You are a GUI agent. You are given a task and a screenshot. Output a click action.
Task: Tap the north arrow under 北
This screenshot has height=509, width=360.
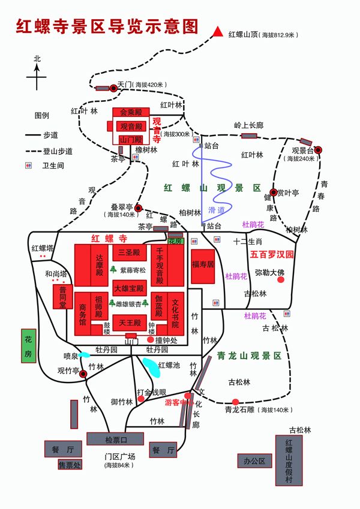(x=37, y=74)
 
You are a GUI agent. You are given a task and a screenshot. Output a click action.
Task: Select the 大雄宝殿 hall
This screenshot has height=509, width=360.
(x=129, y=288)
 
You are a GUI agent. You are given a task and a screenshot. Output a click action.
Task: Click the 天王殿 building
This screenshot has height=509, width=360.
(x=129, y=323)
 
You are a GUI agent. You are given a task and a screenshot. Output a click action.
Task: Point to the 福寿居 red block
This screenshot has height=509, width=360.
(x=203, y=266)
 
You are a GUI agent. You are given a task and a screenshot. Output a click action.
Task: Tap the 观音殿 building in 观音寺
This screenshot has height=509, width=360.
(x=131, y=126)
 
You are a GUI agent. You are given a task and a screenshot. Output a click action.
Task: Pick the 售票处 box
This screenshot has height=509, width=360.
(x=69, y=463)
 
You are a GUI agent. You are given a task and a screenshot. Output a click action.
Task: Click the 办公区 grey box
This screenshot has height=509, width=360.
(x=254, y=460)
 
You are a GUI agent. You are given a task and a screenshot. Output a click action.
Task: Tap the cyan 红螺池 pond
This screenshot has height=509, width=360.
(x=151, y=367)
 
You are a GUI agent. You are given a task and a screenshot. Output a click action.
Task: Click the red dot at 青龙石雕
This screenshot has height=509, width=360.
(x=236, y=402)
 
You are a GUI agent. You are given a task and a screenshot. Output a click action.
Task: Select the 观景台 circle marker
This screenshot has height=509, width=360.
(x=318, y=150)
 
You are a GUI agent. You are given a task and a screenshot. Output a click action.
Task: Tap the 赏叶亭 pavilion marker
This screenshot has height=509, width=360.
(x=273, y=192)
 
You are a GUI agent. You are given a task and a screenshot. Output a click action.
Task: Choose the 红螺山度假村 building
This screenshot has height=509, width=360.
(x=289, y=460)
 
